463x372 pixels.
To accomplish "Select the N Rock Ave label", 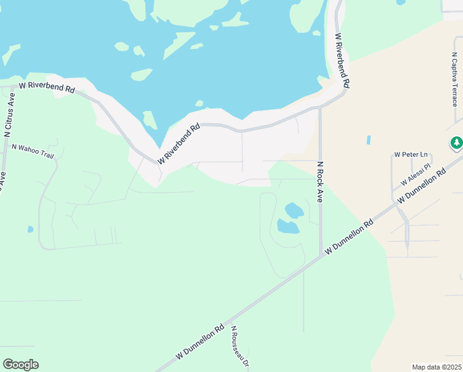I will [320, 182].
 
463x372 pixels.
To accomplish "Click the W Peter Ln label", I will [411, 154].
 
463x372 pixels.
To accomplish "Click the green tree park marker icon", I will [457, 143].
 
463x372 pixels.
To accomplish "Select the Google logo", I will [20, 365].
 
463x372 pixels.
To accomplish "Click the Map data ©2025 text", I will [436, 367].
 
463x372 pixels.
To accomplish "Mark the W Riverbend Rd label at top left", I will [47, 87].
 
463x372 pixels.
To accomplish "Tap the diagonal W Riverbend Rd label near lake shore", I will [179, 144].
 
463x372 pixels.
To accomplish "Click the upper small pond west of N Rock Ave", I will [294, 210].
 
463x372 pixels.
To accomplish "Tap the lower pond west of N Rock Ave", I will [288, 226].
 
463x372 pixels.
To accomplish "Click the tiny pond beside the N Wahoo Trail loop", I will [30, 229].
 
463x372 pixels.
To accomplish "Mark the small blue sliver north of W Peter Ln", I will [368, 140].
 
